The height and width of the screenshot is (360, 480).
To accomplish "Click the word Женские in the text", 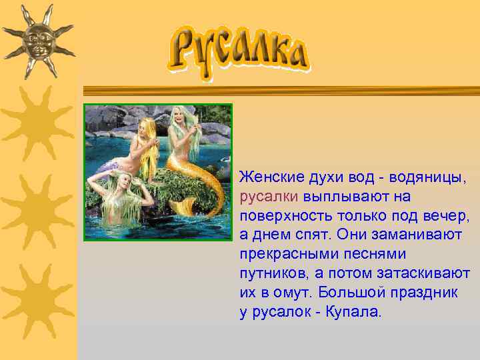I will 272,178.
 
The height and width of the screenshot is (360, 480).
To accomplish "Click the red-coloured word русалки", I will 269,197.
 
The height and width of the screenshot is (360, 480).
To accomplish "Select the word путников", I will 274,274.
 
